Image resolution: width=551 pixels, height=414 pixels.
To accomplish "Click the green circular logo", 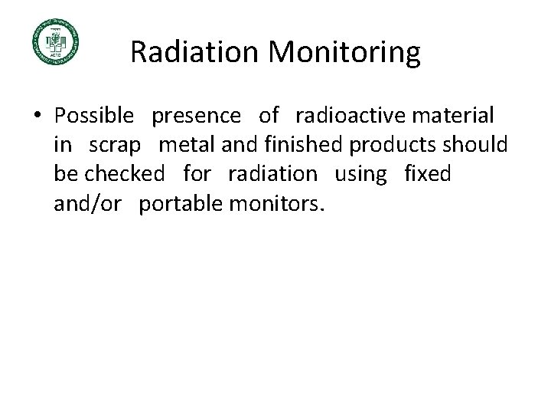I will tap(55, 41).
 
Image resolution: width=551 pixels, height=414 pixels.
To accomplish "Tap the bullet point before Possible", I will tap(37, 117).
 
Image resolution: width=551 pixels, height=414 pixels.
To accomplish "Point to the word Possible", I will tap(94, 116).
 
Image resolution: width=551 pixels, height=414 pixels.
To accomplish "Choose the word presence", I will tap(197, 116).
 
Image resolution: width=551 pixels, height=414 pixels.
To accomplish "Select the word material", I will tap(453, 116).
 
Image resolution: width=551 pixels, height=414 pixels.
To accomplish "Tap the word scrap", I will tap(115, 145).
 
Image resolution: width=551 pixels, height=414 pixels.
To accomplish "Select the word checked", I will tap(125, 174).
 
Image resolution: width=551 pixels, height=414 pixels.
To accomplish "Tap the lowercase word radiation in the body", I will tap(272, 174).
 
